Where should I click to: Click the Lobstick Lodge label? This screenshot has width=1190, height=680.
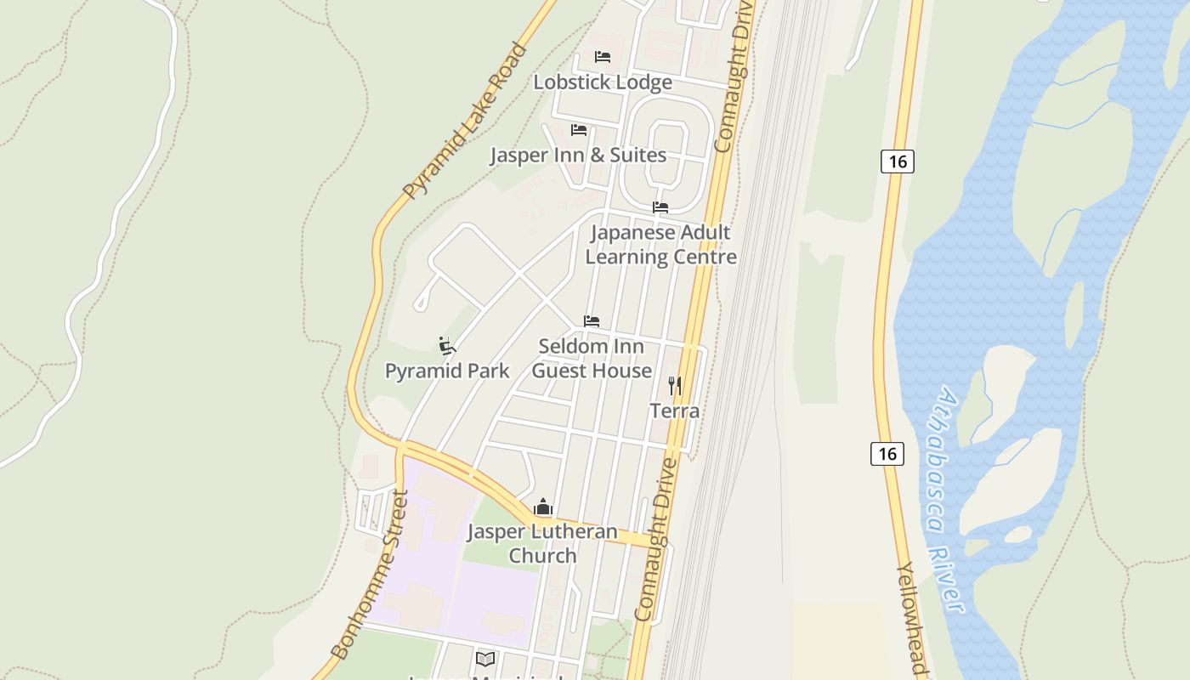pyautogui.click(x=603, y=82)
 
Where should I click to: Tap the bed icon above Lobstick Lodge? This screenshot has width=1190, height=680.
pyautogui.click(x=603, y=57)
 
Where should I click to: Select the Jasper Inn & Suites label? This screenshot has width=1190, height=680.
pyautogui.click(x=578, y=156)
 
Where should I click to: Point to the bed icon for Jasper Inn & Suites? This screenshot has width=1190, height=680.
pyautogui.click(x=579, y=130)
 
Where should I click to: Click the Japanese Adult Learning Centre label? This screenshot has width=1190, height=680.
pyautogui.click(x=660, y=244)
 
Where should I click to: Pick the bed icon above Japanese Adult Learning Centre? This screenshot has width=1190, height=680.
pyautogui.click(x=660, y=207)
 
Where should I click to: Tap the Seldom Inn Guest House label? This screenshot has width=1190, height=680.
pyautogui.click(x=592, y=358)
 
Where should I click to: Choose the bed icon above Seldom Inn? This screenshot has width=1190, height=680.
pyautogui.click(x=592, y=321)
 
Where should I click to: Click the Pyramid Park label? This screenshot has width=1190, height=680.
pyautogui.click(x=447, y=371)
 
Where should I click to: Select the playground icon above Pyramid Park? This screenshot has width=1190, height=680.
pyautogui.click(x=447, y=346)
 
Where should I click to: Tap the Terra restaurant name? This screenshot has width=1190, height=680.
pyautogui.click(x=675, y=411)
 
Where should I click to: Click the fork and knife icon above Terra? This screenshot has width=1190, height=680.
pyautogui.click(x=675, y=386)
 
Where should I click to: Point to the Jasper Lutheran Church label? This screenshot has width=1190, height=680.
pyautogui.click(x=542, y=543)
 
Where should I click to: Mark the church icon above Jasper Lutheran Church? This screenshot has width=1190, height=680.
pyautogui.click(x=543, y=508)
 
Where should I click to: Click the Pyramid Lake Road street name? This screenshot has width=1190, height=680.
pyautogui.click(x=465, y=122)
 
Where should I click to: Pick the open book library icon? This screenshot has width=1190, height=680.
pyautogui.click(x=485, y=659)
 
